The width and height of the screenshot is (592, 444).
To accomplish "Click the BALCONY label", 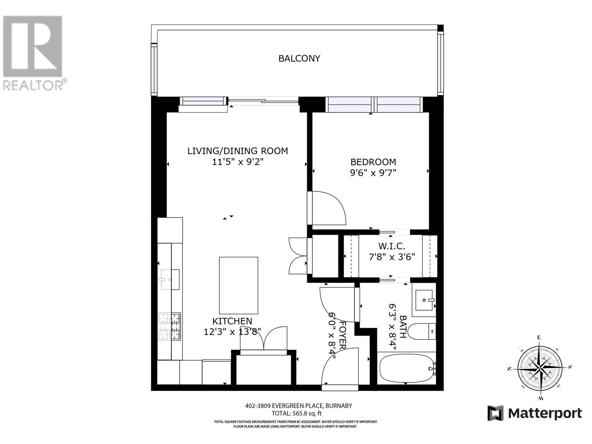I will pyautogui.click(x=299, y=58).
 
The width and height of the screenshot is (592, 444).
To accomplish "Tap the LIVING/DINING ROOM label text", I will pyautogui.click(x=237, y=151).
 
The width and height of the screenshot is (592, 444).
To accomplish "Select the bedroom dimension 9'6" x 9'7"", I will pyautogui.click(x=373, y=173).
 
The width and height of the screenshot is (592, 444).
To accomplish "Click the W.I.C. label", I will pyautogui.click(x=391, y=246).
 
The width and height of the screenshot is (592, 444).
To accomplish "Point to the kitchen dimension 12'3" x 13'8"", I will pyautogui.click(x=232, y=332).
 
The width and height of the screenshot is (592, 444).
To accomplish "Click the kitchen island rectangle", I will pyautogui.click(x=239, y=285).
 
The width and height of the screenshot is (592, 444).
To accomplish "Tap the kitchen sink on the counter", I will pyautogui.click(x=170, y=279).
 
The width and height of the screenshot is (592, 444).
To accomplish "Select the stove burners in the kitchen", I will pyautogui.click(x=169, y=327).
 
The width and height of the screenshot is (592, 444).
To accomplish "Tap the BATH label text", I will pyautogui.click(x=403, y=326).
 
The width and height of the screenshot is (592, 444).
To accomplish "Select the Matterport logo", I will pyautogui.click(x=534, y=413).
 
